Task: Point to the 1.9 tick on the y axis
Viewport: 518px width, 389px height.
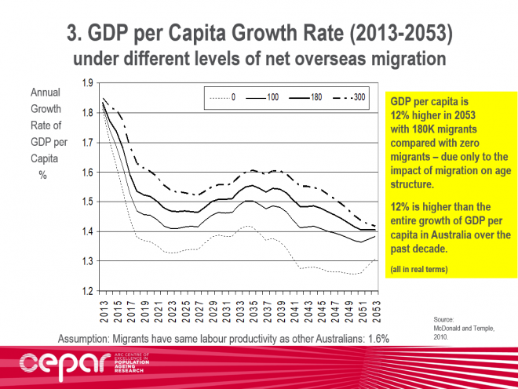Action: click(88, 83)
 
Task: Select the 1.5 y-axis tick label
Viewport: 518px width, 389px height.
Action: click(88, 202)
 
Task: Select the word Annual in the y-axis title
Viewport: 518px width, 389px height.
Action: click(46, 93)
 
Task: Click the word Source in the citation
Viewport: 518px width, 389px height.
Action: click(445, 319)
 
